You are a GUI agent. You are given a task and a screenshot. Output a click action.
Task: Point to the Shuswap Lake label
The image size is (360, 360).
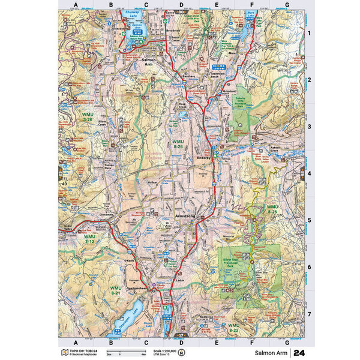pos(130,16)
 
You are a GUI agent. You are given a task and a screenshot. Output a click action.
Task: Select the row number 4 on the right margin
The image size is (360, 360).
pos(308,175)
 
